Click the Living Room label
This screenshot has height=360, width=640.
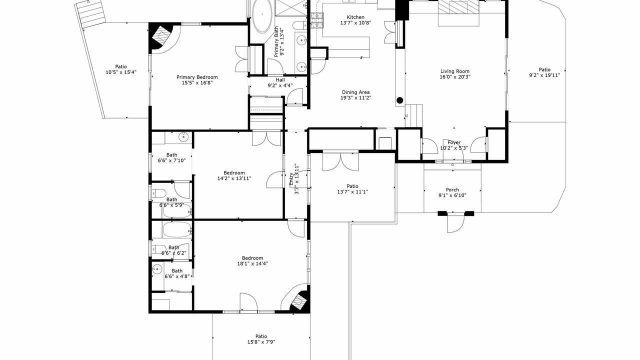tap(455, 71)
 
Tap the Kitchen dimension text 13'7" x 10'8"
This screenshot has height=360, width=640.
tap(355, 23)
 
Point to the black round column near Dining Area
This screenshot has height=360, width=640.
tap(399, 100)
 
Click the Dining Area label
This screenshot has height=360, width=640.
tap(355, 92)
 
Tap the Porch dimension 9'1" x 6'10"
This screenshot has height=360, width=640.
tap(452, 195)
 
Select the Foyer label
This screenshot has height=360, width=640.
tap(454, 142)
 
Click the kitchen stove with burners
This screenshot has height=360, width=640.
tap(317, 20)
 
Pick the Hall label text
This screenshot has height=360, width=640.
tap(280, 79)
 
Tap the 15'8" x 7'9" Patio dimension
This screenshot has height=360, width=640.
tap(261, 342)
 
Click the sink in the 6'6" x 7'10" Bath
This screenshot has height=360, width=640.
tap(183, 137)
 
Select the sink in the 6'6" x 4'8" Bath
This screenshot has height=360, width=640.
tap(157, 269)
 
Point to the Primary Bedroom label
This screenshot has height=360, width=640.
tap(197, 77)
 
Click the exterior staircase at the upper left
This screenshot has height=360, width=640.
tap(90, 13)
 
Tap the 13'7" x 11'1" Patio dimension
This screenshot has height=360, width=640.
tap(352, 192)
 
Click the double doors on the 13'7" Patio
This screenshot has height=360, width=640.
tap(340, 161)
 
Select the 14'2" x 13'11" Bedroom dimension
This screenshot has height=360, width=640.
tap(234, 178)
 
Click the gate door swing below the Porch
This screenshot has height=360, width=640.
tap(455, 223)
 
